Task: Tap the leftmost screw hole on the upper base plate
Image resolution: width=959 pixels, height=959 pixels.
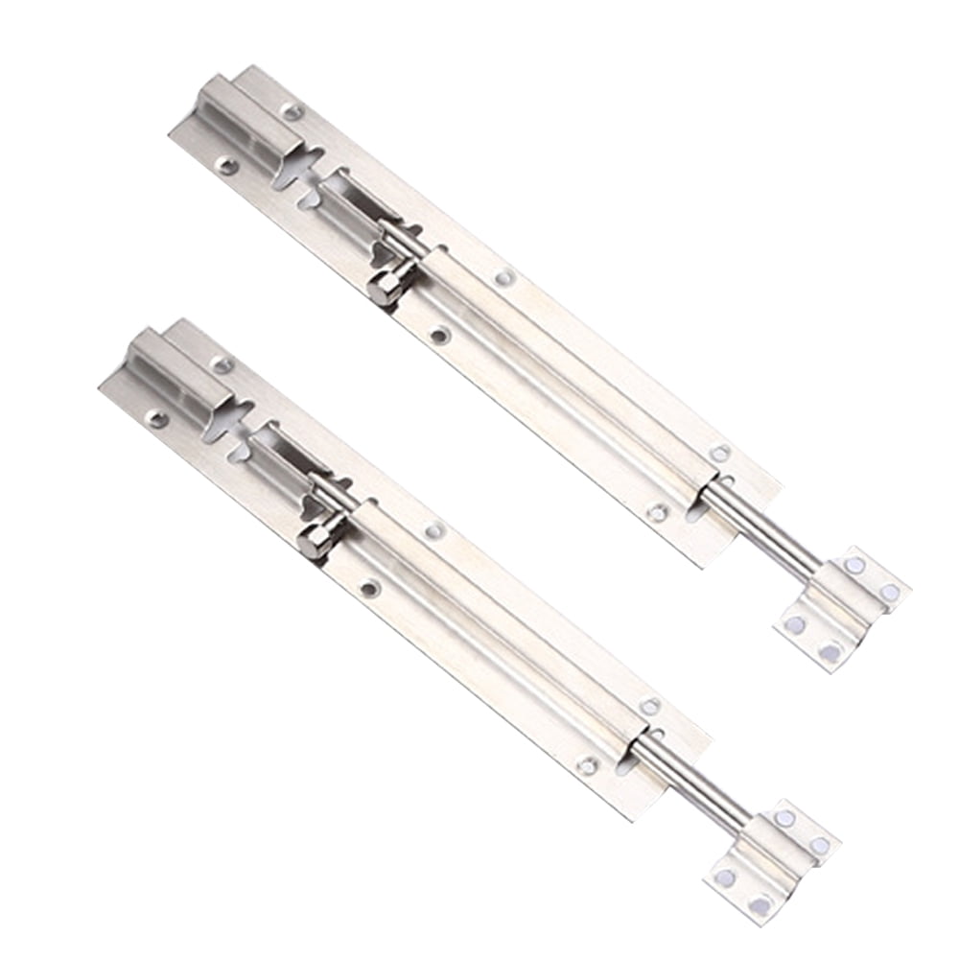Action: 226,165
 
